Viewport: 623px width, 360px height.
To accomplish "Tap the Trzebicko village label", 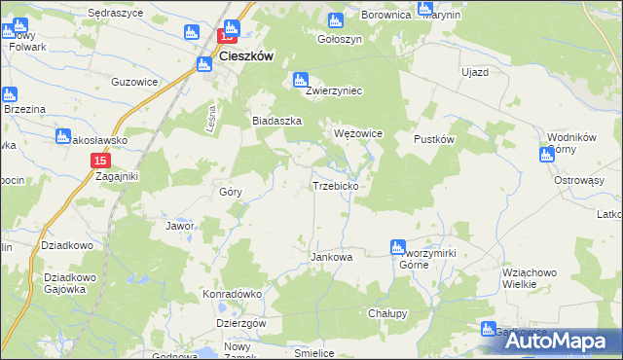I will (x=337, y=185).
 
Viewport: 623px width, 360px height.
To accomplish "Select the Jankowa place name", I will (x=331, y=258).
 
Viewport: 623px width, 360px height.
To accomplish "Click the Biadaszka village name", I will (x=277, y=121).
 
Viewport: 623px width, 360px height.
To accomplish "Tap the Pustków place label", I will (x=435, y=139).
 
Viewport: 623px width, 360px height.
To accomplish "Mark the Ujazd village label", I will (x=474, y=73).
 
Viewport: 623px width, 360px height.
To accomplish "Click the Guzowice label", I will (x=135, y=83).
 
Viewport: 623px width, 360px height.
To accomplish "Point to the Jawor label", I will (x=181, y=226).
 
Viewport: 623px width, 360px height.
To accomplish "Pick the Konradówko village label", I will (x=233, y=294).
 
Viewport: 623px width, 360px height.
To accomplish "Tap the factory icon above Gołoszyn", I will (x=337, y=20).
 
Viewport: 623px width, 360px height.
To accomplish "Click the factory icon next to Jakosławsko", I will (x=63, y=137).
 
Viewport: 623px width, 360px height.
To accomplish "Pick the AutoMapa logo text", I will (x=568, y=342).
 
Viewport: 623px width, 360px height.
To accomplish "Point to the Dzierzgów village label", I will (x=240, y=323).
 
